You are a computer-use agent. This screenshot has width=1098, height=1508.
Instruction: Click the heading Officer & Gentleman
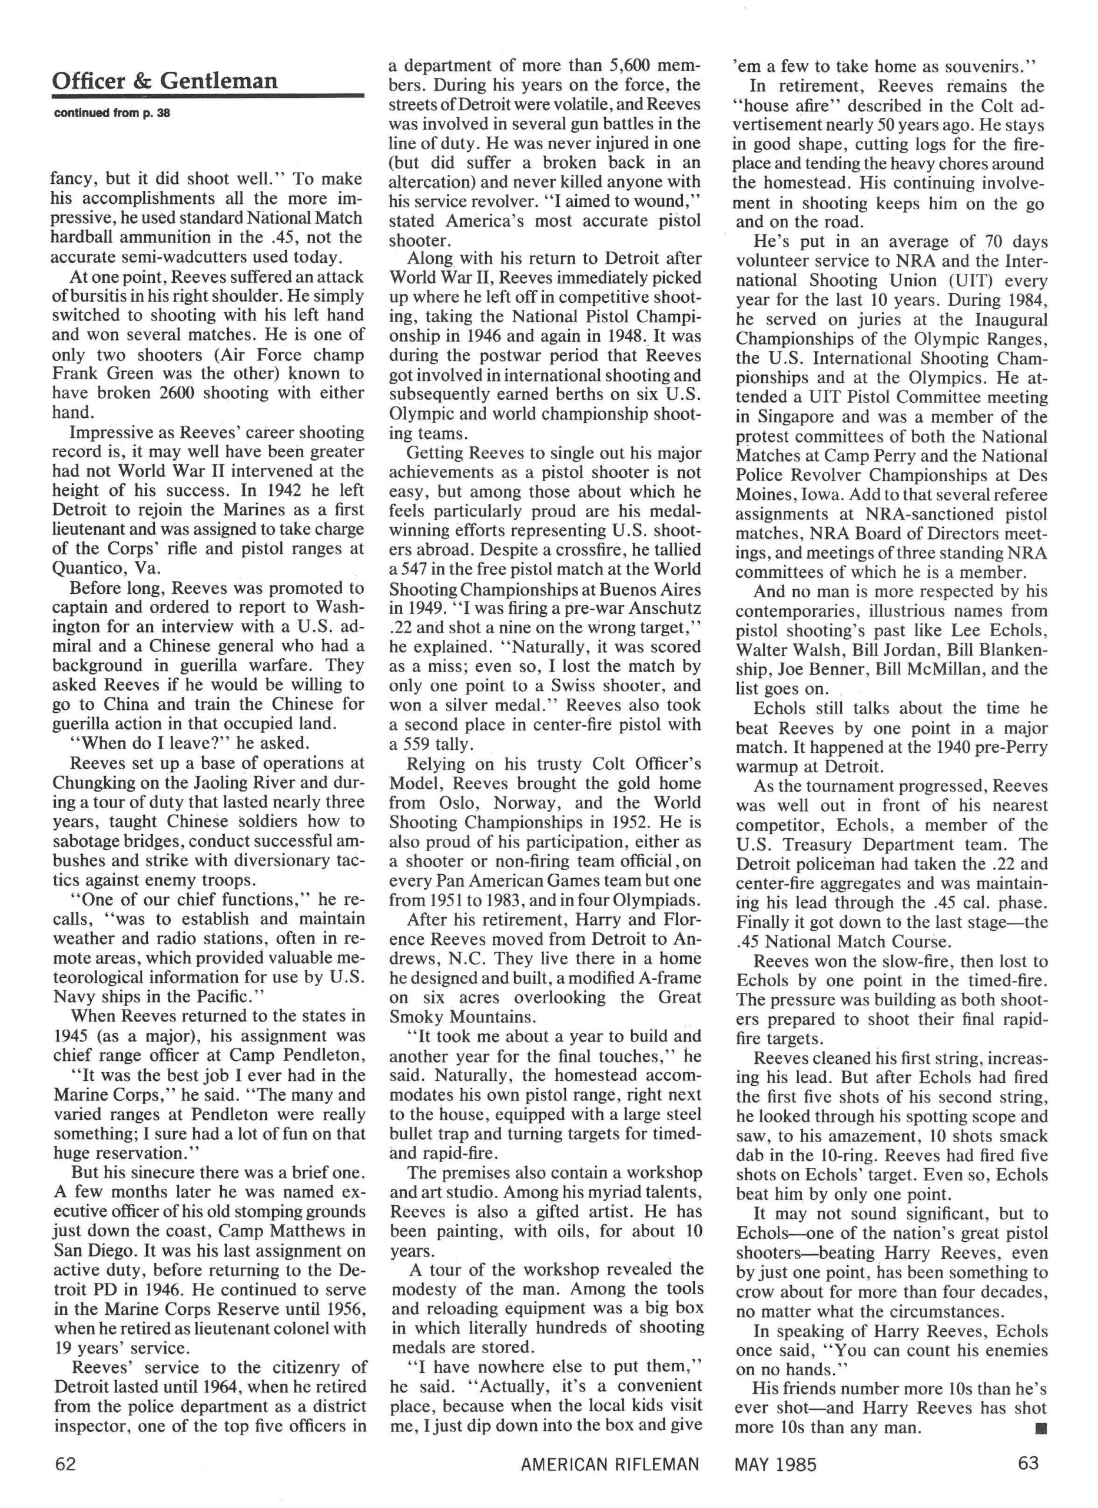tap(164, 81)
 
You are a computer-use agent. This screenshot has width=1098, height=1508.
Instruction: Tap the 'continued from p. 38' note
tap(111, 113)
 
